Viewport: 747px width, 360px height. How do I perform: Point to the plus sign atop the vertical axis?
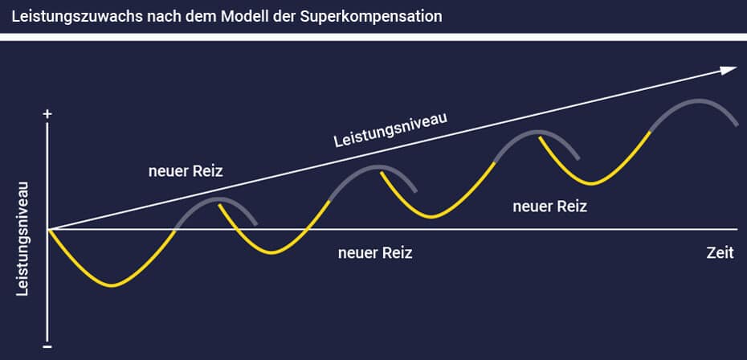[47, 114]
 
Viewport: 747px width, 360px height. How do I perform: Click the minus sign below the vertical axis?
[47, 346]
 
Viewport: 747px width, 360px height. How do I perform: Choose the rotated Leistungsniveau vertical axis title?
[22, 239]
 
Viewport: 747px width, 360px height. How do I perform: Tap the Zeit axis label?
[720, 252]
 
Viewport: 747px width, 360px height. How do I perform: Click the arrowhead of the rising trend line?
[729, 71]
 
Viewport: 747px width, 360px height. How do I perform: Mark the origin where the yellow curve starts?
[47, 229]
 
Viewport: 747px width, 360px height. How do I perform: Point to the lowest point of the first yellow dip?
[112, 285]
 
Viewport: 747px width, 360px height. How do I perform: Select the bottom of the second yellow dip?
[271, 252]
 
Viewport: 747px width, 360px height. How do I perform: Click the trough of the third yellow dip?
[431, 217]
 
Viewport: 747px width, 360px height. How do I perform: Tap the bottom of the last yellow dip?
[591, 183]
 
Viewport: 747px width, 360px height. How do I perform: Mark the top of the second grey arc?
[378, 166]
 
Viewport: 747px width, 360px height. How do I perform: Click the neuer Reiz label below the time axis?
[375, 252]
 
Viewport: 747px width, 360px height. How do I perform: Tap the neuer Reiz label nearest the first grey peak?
[186, 171]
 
